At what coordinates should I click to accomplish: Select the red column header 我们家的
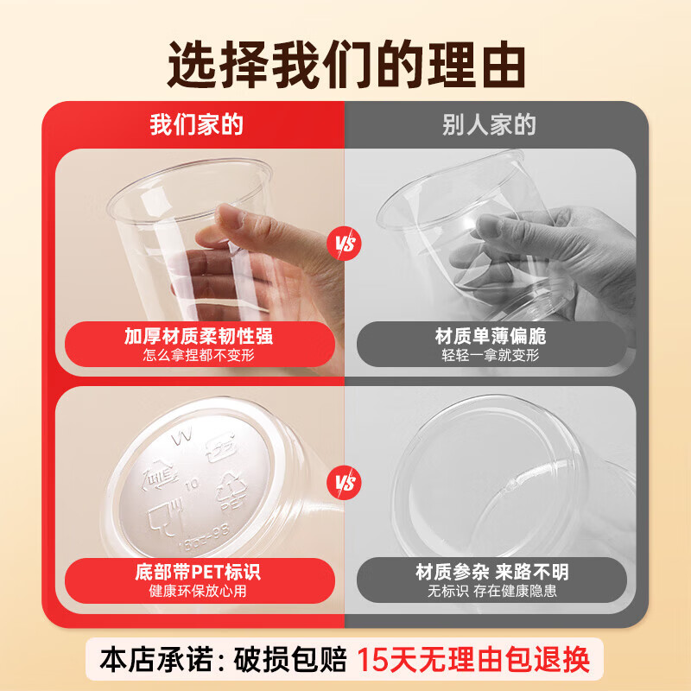click(x=196, y=124)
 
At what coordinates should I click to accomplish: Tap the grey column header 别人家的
click(x=489, y=124)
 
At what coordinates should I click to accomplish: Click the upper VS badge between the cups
click(x=345, y=243)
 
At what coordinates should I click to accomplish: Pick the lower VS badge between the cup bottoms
click(x=345, y=481)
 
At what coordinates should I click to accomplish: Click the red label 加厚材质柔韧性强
click(x=199, y=335)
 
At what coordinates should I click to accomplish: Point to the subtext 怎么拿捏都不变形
click(x=199, y=355)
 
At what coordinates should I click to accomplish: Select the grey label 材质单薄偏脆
click(x=490, y=335)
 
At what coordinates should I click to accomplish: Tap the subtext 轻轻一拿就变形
click(x=490, y=355)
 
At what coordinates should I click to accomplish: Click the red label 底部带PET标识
click(x=199, y=572)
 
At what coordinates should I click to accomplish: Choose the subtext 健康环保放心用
click(x=199, y=592)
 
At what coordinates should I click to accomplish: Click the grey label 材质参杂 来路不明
click(x=491, y=572)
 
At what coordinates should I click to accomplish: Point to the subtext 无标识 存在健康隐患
click(x=491, y=592)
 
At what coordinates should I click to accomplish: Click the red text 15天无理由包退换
click(x=474, y=660)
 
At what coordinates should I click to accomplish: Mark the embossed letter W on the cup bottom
click(x=182, y=439)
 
